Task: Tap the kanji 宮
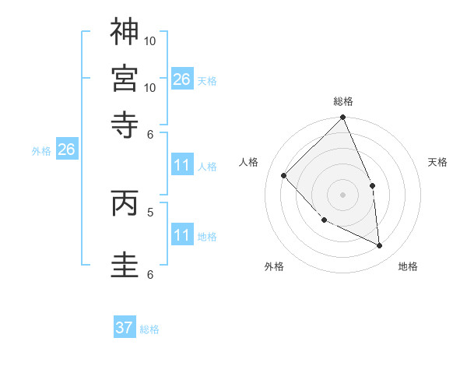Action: pos(125,76)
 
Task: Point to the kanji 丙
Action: pos(125,203)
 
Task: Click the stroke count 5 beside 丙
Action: pos(149,211)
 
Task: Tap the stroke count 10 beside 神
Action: pos(150,40)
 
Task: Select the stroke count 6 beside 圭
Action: pos(149,274)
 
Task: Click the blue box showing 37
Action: pos(125,328)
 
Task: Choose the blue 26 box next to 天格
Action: pos(182,79)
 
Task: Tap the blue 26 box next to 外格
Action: pos(66,150)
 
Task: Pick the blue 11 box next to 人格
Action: pos(182,165)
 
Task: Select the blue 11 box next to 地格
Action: pos(182,235)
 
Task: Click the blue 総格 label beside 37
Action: pos(149,329)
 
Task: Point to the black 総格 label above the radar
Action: pos(343,102)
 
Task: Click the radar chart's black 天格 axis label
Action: pos(438,162)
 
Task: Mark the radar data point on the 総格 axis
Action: pos(343,118)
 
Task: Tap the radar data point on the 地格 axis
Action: pos(379,245)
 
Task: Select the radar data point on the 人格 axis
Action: pos(284,175)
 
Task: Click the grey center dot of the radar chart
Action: pos(342,195)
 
